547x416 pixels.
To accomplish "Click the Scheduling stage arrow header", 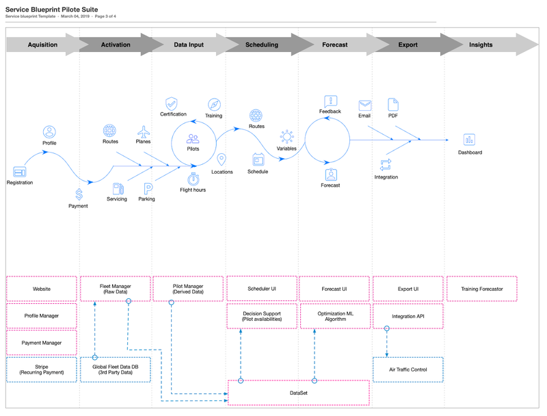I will pyautogui.click(x=262, y=45).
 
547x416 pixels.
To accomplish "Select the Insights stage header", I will pyautogui.click(x=481, y=45).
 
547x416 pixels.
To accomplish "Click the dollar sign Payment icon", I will pyautogui.click(x=79, y=194).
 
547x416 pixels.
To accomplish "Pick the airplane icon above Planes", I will pyautogui.click(x=143, y=131).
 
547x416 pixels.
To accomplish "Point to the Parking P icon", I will pyautogui.click(x=147, y=188).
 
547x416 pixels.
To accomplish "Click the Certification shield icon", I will pyautogui.click(x=172, y=103).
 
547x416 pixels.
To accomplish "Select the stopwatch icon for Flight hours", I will pyautogui.click(x=193, y=178).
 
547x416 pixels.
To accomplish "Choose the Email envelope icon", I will pyautogui.click(x=365, y=105).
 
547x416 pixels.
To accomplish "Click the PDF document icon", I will pyautogui.click(x=393, y=104).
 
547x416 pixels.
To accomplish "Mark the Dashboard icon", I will pyautogui.click(x=469, y=140).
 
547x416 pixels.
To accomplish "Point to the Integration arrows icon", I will pyautogui.click(x=386, y=164).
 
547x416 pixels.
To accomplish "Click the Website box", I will pyautogui.click(x=42, y=289).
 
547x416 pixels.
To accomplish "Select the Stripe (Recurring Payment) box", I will pyautogui.click(x=42, y=369).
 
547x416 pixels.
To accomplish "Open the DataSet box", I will pyautogui.click(x=298, y=393).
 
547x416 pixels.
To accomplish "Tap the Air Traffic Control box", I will pyautogui.click(x=408, y=369).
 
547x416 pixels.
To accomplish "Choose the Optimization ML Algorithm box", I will pyautogui.click(x=334, y=316).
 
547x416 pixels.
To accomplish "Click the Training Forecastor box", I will pyautogui.click(x=481, y=289).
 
